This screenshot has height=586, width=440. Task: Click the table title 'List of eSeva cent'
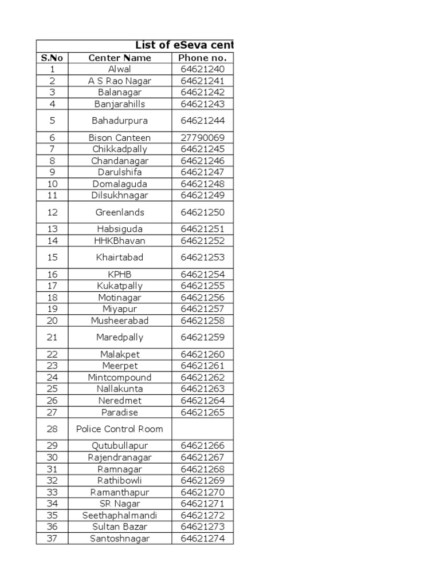184,45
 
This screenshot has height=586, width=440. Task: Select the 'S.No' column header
52,58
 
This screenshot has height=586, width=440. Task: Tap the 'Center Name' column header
120,58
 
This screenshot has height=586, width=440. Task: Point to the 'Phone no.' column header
202,58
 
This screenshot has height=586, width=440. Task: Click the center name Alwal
120,69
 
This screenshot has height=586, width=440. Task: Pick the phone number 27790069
203,138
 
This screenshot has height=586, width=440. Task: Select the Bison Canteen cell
120,138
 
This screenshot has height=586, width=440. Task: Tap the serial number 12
53,212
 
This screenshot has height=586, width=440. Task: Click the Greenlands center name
120,212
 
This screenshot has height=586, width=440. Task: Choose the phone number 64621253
203,258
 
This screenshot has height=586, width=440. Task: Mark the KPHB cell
120,275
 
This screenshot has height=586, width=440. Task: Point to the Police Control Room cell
120,429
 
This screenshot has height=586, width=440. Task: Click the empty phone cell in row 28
203,429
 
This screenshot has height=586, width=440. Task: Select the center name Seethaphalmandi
120,516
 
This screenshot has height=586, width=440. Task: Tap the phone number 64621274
203,539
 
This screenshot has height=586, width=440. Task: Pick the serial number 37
53,539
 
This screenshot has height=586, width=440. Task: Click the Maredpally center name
120,338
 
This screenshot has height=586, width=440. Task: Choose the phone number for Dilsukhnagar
203,195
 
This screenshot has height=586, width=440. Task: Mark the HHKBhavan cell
120,241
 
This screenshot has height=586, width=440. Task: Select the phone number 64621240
203,69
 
